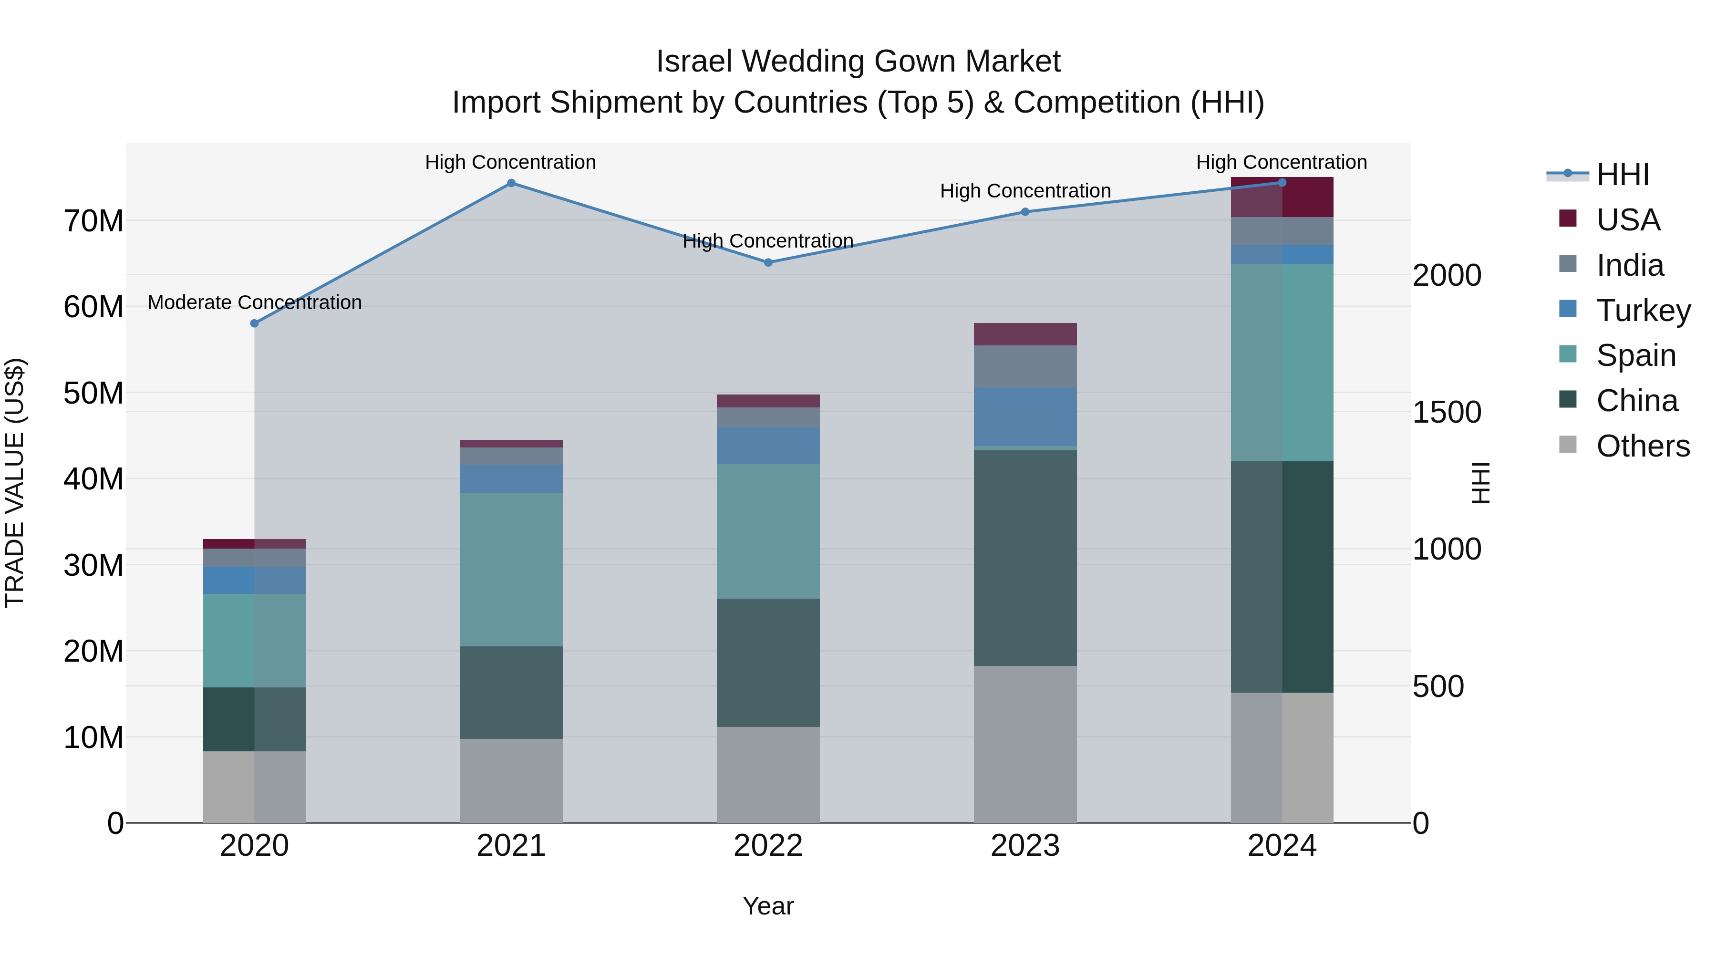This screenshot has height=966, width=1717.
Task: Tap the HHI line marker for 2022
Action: [x=768, y=263]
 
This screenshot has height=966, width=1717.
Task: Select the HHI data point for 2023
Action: [x=1025, y=212]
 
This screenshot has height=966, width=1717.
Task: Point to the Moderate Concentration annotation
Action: [x=255, y=302]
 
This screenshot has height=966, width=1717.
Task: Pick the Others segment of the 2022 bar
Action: [x=768, y=775]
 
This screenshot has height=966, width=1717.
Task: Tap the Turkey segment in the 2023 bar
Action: [x=1025, y=416]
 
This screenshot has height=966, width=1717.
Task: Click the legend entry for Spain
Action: [x=1636, y=355]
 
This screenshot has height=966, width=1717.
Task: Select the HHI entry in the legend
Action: [x=1623, y=175]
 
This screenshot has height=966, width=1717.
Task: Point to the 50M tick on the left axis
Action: [x=93, y=394]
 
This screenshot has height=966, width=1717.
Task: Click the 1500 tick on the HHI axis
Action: [x=1447, y=412]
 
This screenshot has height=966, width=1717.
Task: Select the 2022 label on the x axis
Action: [x=768, y=846]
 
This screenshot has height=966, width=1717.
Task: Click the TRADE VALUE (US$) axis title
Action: [x=15, y=483]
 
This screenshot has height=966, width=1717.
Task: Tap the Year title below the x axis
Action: [x=768, y=906]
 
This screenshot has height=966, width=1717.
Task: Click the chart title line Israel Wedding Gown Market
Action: [x=858, y=62]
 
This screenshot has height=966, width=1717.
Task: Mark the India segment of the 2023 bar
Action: [x=1025, y=367]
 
